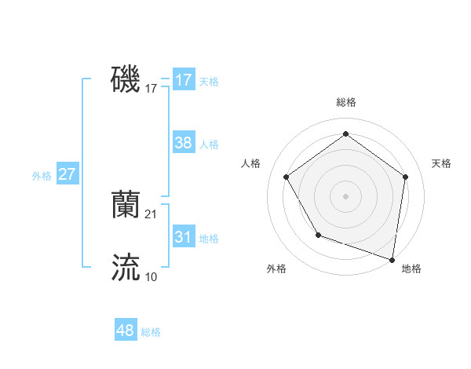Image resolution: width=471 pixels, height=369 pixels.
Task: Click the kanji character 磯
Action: [x=126, y=80]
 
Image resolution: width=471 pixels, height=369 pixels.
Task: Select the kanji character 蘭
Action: [x=126, y=204]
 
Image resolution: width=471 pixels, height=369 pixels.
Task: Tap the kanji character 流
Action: [x=126, y=267]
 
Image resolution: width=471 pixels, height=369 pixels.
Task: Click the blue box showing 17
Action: [x=183, y=80]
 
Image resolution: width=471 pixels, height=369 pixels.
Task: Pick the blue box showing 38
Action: [x=183, y=143]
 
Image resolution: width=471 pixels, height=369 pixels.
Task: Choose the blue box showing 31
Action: [x=183, y=237]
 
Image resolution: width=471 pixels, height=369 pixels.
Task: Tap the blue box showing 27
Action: [x=68, y=174]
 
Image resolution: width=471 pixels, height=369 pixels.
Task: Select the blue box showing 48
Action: [x=126, y=331]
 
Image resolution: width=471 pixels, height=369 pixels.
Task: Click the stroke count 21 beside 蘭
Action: [x=152, y=214]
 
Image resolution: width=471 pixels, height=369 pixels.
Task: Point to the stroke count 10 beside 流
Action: [x=152, y=276]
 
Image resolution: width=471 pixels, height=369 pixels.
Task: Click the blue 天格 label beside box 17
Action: [x=209, y=81]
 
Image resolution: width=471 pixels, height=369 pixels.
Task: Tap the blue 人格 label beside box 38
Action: [x=209, y=144]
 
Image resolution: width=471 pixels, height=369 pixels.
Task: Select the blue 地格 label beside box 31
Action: [x=209, y=238]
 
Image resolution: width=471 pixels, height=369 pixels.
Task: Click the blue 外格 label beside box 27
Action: [x=42, y=176]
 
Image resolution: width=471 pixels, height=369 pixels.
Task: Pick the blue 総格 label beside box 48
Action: [x=151, y=332]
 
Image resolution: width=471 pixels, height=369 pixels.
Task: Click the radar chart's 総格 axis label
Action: [x=345, y=102]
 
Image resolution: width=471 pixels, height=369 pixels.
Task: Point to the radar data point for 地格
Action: [x=392, y=258]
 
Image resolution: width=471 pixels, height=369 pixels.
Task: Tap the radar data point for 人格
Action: [x=287, y=177]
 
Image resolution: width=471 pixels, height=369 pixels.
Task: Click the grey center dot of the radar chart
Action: [x=345, y=195]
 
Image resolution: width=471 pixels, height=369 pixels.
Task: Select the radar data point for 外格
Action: [x=318, y=234]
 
